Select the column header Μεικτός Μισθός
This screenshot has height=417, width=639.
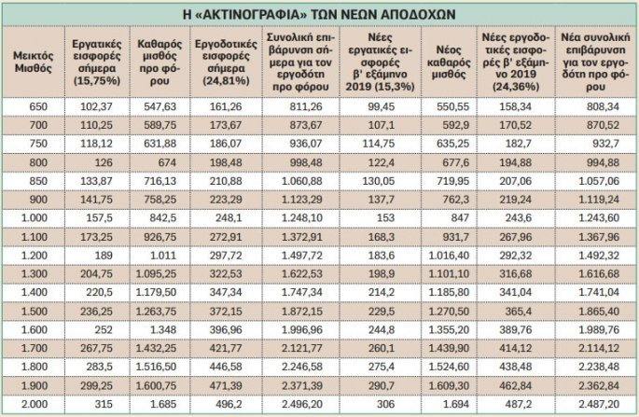pos(33,63)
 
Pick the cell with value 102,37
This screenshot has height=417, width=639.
pos(94,107)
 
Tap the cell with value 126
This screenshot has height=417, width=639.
pos(94,161)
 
